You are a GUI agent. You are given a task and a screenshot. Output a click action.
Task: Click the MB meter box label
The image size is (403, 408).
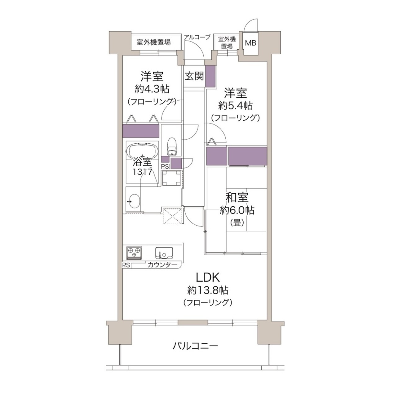point(250,43)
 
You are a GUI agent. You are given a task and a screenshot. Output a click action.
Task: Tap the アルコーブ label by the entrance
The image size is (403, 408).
point(197,37)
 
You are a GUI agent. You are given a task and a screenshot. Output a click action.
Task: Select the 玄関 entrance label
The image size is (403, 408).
point(194,76)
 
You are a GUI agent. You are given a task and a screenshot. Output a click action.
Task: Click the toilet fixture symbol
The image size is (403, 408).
point(171,146)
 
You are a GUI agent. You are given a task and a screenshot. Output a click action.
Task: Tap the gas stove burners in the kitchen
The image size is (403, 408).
point(134,253)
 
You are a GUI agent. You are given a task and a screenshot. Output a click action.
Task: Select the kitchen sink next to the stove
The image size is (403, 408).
point(164,253)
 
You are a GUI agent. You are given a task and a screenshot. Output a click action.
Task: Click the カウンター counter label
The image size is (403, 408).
point(162,265)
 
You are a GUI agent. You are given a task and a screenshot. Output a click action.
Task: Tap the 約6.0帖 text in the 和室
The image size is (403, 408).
point(237,210)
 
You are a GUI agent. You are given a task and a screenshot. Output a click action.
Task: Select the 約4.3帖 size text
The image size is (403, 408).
point(152,89)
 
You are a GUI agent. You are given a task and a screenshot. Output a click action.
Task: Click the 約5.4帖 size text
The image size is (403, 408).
point(235,105)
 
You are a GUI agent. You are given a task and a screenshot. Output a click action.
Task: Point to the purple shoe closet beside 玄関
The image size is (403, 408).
point(210,76)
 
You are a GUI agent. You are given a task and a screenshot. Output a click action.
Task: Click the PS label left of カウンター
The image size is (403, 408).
point(126,265)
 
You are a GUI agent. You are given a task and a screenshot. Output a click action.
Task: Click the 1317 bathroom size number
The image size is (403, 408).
point(142,172)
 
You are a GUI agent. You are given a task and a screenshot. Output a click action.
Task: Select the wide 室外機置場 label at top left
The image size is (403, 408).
point(153,42)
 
